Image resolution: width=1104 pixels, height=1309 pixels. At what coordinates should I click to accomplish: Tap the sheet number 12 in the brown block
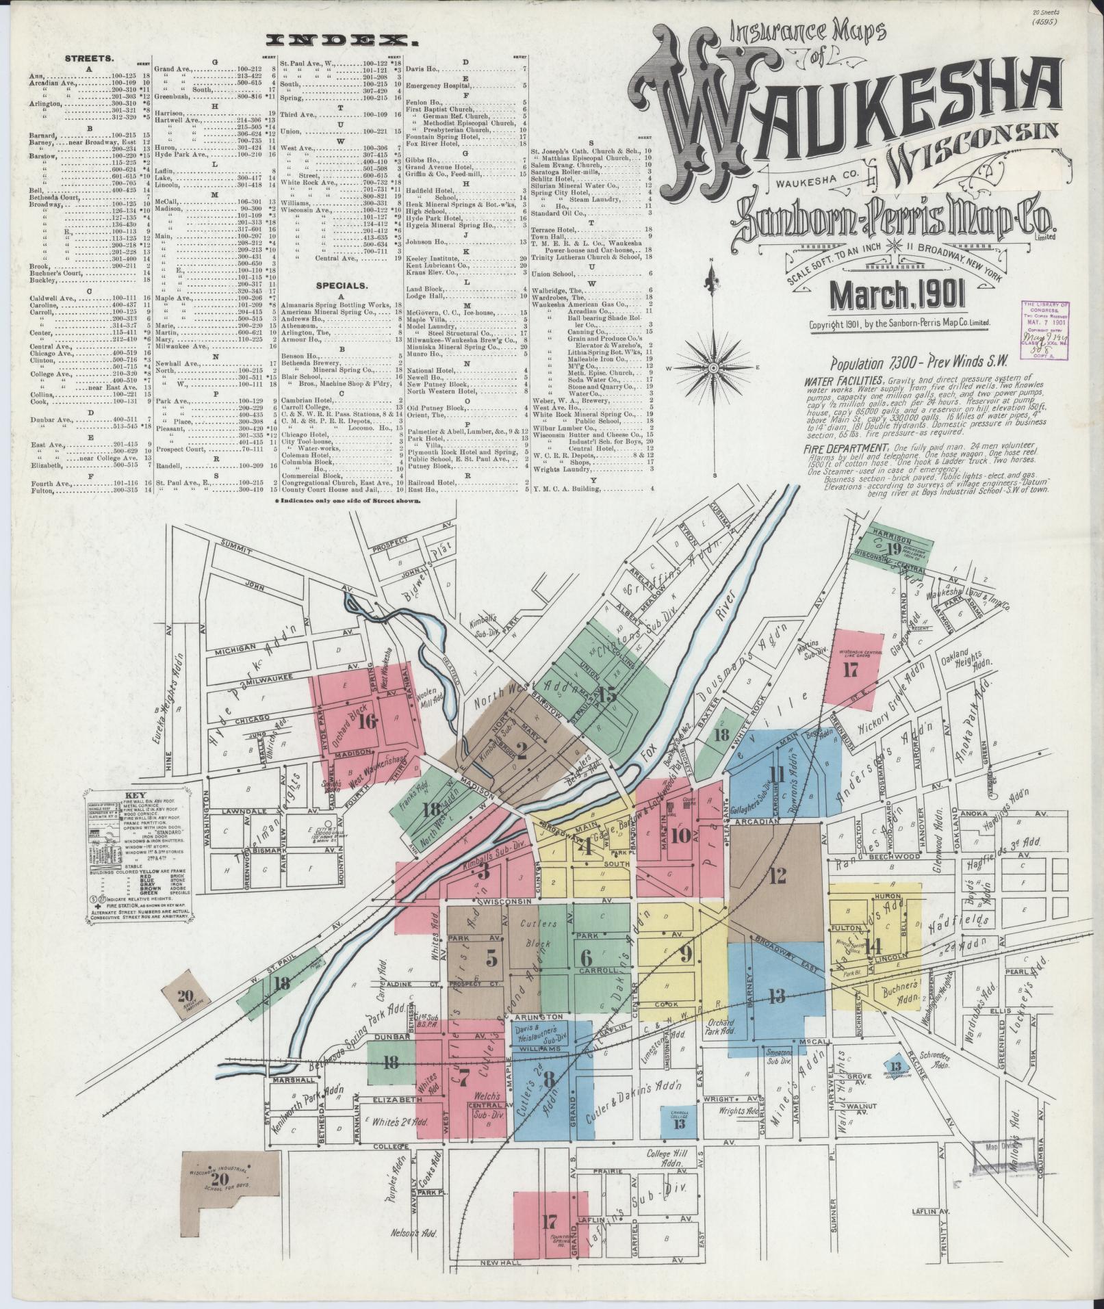777,875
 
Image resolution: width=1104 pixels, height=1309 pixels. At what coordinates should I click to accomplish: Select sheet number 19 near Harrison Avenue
892,548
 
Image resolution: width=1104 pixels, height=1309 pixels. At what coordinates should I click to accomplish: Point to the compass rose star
714,369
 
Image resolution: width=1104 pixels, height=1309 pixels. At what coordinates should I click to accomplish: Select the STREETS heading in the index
84,59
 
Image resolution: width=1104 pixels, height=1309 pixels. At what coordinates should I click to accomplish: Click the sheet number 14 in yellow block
872,947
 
